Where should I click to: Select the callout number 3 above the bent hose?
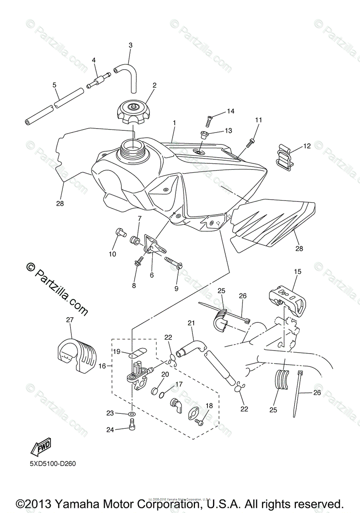[x=130, y=45]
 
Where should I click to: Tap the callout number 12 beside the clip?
[x=307, y=146]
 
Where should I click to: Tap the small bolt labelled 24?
[x=132, y=425]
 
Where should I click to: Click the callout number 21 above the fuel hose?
[x=191, y=323]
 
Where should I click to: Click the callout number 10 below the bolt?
[x=112, y=254]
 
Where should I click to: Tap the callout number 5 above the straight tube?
[x=54, y=85]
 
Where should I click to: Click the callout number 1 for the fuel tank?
[x=174, y=123]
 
